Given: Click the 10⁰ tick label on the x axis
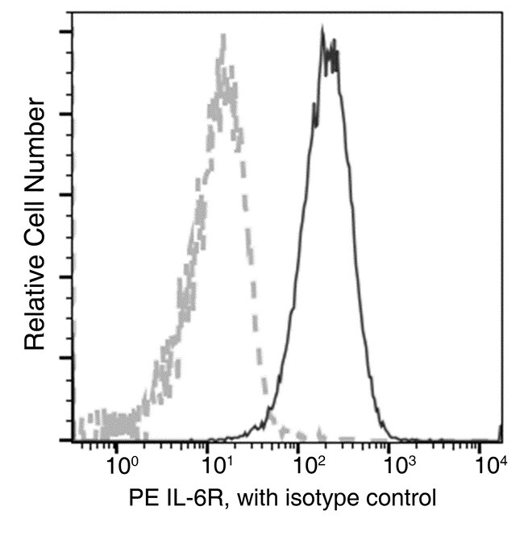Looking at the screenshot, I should pyautogui.click(x=122, y=465).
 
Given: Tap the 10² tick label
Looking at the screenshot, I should pyautogui.click(x=307, y=465).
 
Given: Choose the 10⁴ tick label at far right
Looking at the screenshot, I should pyautogui.click(x=490, y=465).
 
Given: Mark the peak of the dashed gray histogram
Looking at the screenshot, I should pyautogui.click(x=222, y=36).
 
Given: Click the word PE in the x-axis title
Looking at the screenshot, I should pyautogui.click(x=142, y=497).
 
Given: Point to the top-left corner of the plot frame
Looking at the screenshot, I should pyautogui.click(x=72, y=12).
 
